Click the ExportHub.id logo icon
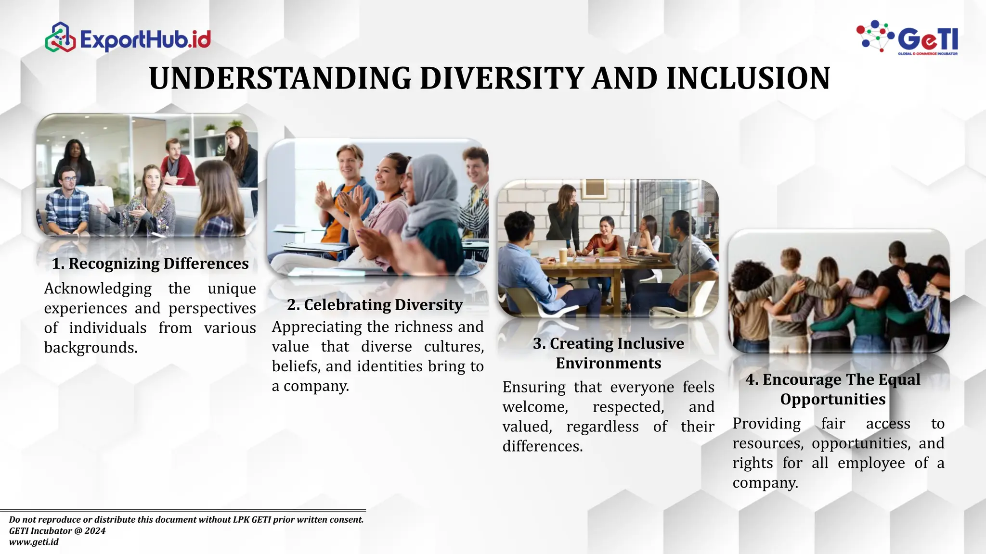[x=60, y=38]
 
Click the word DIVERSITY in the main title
[x=502, y=78]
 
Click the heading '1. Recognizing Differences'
[x=150, y=264]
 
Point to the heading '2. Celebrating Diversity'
[x=375, y=305]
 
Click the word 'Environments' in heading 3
[x=608, y=363]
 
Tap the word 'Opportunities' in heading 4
[x=832, y=399]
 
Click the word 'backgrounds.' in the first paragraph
[x=91, y=348]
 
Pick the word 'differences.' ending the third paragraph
[x=543, y=446]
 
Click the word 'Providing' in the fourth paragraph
[x=766, y=424]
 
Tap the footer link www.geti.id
[x=34, y=542]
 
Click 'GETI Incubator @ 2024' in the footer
[x=57, y=531]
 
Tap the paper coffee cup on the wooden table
[x=562, y=255]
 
